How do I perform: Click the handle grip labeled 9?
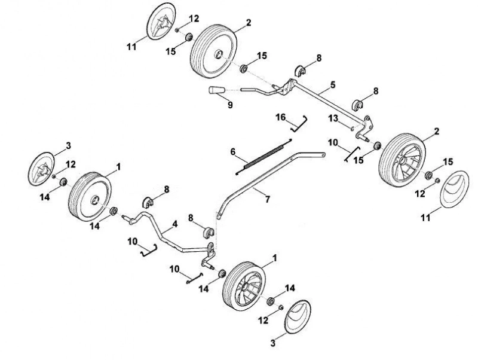pos(216,90)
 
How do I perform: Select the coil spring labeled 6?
pos(264,157)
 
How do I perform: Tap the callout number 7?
pos(267,200)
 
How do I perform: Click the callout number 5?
pos(333,84)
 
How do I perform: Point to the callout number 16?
pos(281,117)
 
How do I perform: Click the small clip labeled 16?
pos(299,124)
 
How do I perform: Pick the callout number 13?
pos(333,118)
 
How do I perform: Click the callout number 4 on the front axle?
pos(174,224)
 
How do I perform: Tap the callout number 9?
pos(230,105)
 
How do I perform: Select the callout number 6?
pos(233,152)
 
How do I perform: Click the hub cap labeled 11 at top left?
pos(161,21)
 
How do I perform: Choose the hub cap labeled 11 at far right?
pos(455,190)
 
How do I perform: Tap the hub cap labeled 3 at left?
pos(41,169)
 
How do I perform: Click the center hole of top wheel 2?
pos(218,54)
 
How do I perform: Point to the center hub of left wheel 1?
pos(95,200)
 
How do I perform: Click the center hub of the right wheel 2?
pos(402,160)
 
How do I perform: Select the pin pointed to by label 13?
pos(353,129)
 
